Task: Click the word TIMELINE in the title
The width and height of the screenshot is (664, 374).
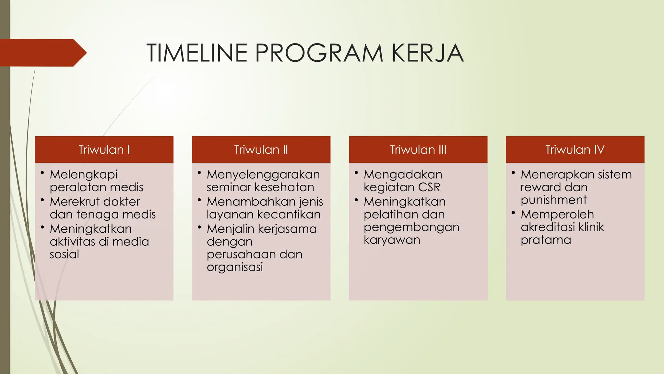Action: pos(197,53)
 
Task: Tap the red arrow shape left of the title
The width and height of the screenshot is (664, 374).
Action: pos(42,53)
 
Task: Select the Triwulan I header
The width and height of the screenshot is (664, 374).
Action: pos(104,150)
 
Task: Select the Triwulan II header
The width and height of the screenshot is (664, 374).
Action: pos(261,150)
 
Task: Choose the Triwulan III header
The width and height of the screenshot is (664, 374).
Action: pos(418,150)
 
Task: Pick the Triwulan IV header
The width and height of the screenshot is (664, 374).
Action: pos(575,150)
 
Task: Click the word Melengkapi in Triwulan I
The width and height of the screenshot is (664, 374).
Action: pos(83,175)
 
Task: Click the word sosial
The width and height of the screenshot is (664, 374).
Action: pos(64,254)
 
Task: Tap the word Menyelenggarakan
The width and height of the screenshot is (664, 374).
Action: pos(263,175)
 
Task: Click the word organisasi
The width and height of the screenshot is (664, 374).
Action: pos(235,267)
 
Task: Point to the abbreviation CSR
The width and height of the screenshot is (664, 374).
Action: pos(429,187)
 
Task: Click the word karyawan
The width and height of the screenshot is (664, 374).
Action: pos(392,240)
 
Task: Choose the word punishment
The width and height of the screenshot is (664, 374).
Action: pos(553,200)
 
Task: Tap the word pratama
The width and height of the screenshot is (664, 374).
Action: pos(546,240)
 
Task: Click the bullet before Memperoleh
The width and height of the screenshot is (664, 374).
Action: pos(513,213)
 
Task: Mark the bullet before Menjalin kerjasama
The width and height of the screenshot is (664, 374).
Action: pos(199,227)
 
